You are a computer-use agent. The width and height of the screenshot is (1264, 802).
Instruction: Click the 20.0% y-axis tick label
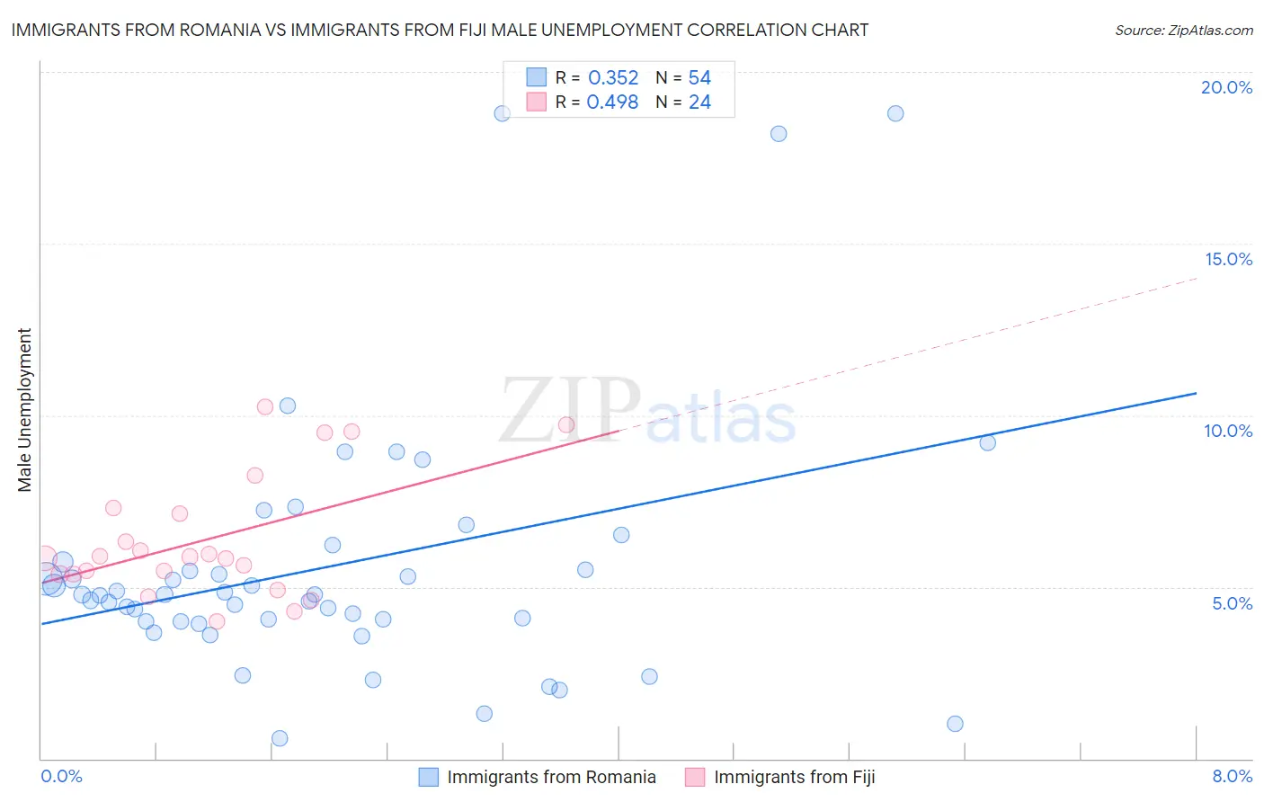click(1226, 87)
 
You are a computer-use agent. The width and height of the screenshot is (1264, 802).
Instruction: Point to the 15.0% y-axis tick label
click(1228, 259)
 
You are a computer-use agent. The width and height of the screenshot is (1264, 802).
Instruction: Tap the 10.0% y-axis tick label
click(1228, 431)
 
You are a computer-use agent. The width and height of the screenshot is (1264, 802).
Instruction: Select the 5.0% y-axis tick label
click(1232, 603)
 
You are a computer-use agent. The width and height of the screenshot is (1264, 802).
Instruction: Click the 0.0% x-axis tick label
click(61, 776)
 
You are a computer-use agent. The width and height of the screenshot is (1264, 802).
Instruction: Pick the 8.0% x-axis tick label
click(1232, 776)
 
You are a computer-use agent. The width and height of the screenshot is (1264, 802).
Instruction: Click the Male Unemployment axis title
click(24, 410)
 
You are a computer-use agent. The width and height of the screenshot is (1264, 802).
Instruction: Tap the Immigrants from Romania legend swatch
click(429, 777)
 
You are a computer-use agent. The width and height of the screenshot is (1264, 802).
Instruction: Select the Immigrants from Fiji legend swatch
click(695, 777)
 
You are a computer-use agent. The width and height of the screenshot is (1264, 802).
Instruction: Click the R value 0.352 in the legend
click(613, 78)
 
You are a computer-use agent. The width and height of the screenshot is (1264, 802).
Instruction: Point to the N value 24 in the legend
click(699, 102)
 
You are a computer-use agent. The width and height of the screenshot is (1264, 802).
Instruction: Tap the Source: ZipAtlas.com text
click(1184, 30)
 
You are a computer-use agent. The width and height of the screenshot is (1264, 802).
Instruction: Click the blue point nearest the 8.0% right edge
click(987, 442)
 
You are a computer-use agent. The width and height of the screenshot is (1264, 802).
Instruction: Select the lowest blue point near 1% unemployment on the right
click(955, 724)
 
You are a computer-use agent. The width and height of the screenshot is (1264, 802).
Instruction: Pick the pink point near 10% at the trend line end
click(566, 424)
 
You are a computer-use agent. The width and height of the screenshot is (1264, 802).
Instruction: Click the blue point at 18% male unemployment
click(779, 134)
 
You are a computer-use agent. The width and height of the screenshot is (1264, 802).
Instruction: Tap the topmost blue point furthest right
click(895, 113)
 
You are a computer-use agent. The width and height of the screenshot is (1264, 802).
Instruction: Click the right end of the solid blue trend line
click(1196, 393)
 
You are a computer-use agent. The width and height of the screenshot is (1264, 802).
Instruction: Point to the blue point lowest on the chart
click(280, 738)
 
